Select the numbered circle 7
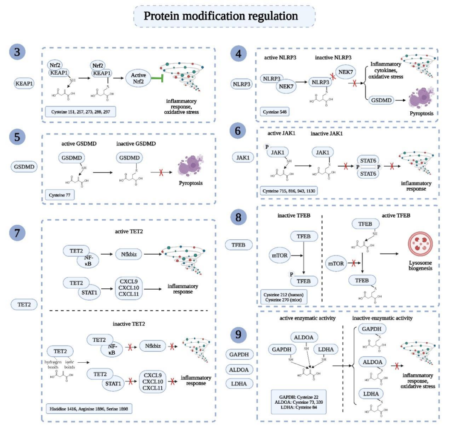20,234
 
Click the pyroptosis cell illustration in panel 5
190,166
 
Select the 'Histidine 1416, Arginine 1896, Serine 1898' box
88,409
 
